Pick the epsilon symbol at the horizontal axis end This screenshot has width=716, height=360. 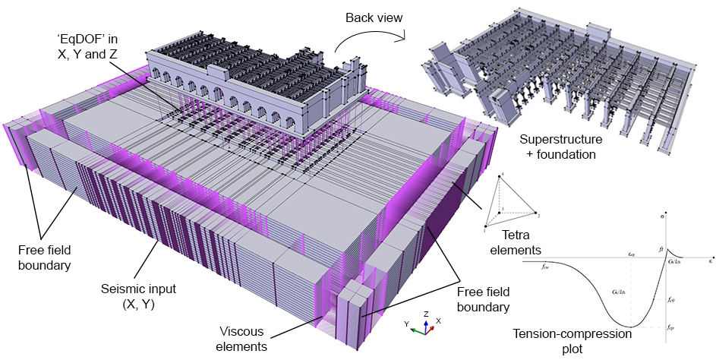coord(711,260)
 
